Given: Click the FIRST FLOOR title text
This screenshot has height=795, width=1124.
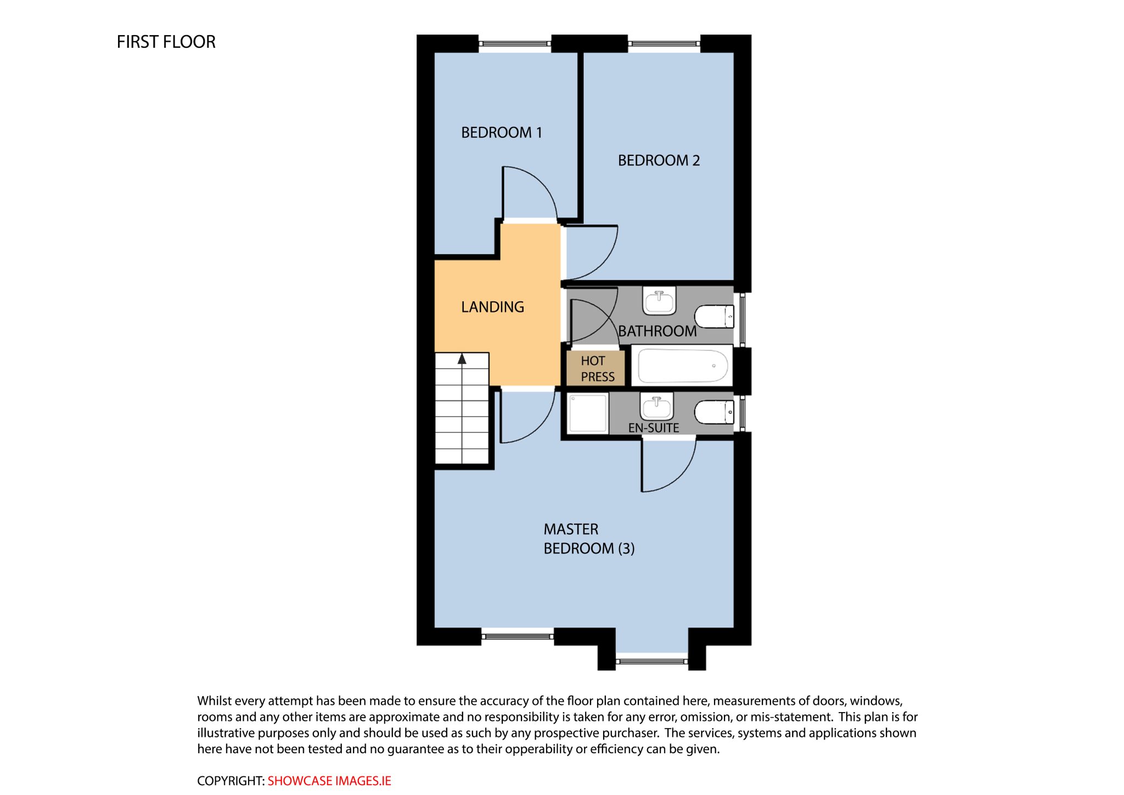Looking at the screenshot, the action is click(166, 42).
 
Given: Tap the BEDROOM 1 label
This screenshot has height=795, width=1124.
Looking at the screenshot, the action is click(502, 132).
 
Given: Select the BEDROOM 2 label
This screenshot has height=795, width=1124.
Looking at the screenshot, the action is click(659, 160).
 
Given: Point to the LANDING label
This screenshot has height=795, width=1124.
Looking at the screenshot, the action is click(492, 307).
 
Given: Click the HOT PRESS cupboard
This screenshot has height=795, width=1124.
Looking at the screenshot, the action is click(595, 368).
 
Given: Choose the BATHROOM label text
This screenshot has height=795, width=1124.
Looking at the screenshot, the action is click(657, 331).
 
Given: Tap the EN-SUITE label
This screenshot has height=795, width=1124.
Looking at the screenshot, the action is click(654, 428).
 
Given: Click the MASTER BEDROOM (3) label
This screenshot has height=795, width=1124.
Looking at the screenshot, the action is click(589, 539).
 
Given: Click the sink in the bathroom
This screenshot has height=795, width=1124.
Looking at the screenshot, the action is click(659, 302).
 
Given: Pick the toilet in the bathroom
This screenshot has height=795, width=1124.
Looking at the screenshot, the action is click(715, 316).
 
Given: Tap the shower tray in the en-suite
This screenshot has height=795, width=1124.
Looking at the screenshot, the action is click(588, 414).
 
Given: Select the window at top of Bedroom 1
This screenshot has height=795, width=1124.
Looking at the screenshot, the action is click(515, 43).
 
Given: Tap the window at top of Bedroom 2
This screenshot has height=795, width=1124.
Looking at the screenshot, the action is click(664, 43).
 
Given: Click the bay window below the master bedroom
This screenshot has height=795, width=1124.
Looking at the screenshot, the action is click(652, 661).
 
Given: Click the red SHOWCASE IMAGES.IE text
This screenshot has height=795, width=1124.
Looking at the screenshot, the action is click(329, 781).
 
